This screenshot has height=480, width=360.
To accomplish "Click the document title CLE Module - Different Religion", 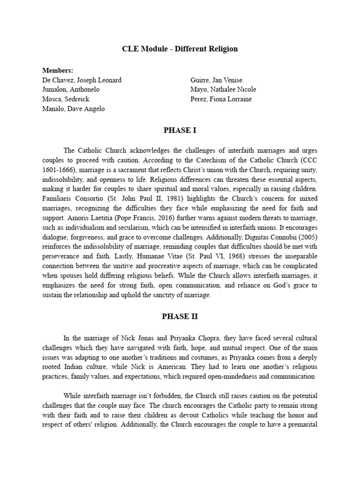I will point(180,49).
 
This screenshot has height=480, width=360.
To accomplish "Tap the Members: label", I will point(58,70).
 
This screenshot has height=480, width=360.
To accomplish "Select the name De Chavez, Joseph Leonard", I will point(82,80).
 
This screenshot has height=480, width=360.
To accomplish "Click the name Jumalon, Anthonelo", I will point(70,90).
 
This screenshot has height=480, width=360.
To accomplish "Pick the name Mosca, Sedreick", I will point(66,99).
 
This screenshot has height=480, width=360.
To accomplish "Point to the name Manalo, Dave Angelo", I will point(73,109).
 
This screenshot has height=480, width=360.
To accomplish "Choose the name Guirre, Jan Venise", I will point(217,80).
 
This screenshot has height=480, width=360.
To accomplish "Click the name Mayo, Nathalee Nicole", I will point(223,90).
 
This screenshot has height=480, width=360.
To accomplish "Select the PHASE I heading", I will point(180,131).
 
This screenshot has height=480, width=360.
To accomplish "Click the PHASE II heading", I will point(180,316).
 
